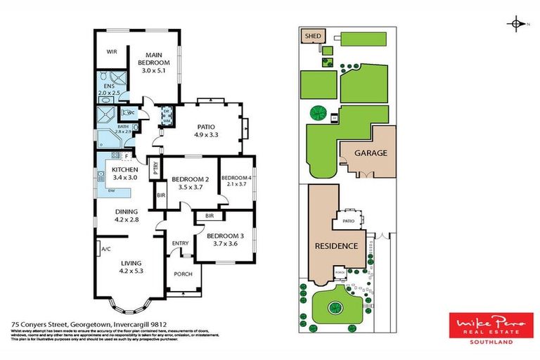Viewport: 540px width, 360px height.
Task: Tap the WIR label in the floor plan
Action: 111,51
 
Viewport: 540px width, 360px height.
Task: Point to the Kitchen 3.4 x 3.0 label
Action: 124,173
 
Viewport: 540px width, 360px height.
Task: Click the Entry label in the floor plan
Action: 181,243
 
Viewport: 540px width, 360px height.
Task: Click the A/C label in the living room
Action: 105,249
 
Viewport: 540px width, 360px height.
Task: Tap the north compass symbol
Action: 517,24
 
